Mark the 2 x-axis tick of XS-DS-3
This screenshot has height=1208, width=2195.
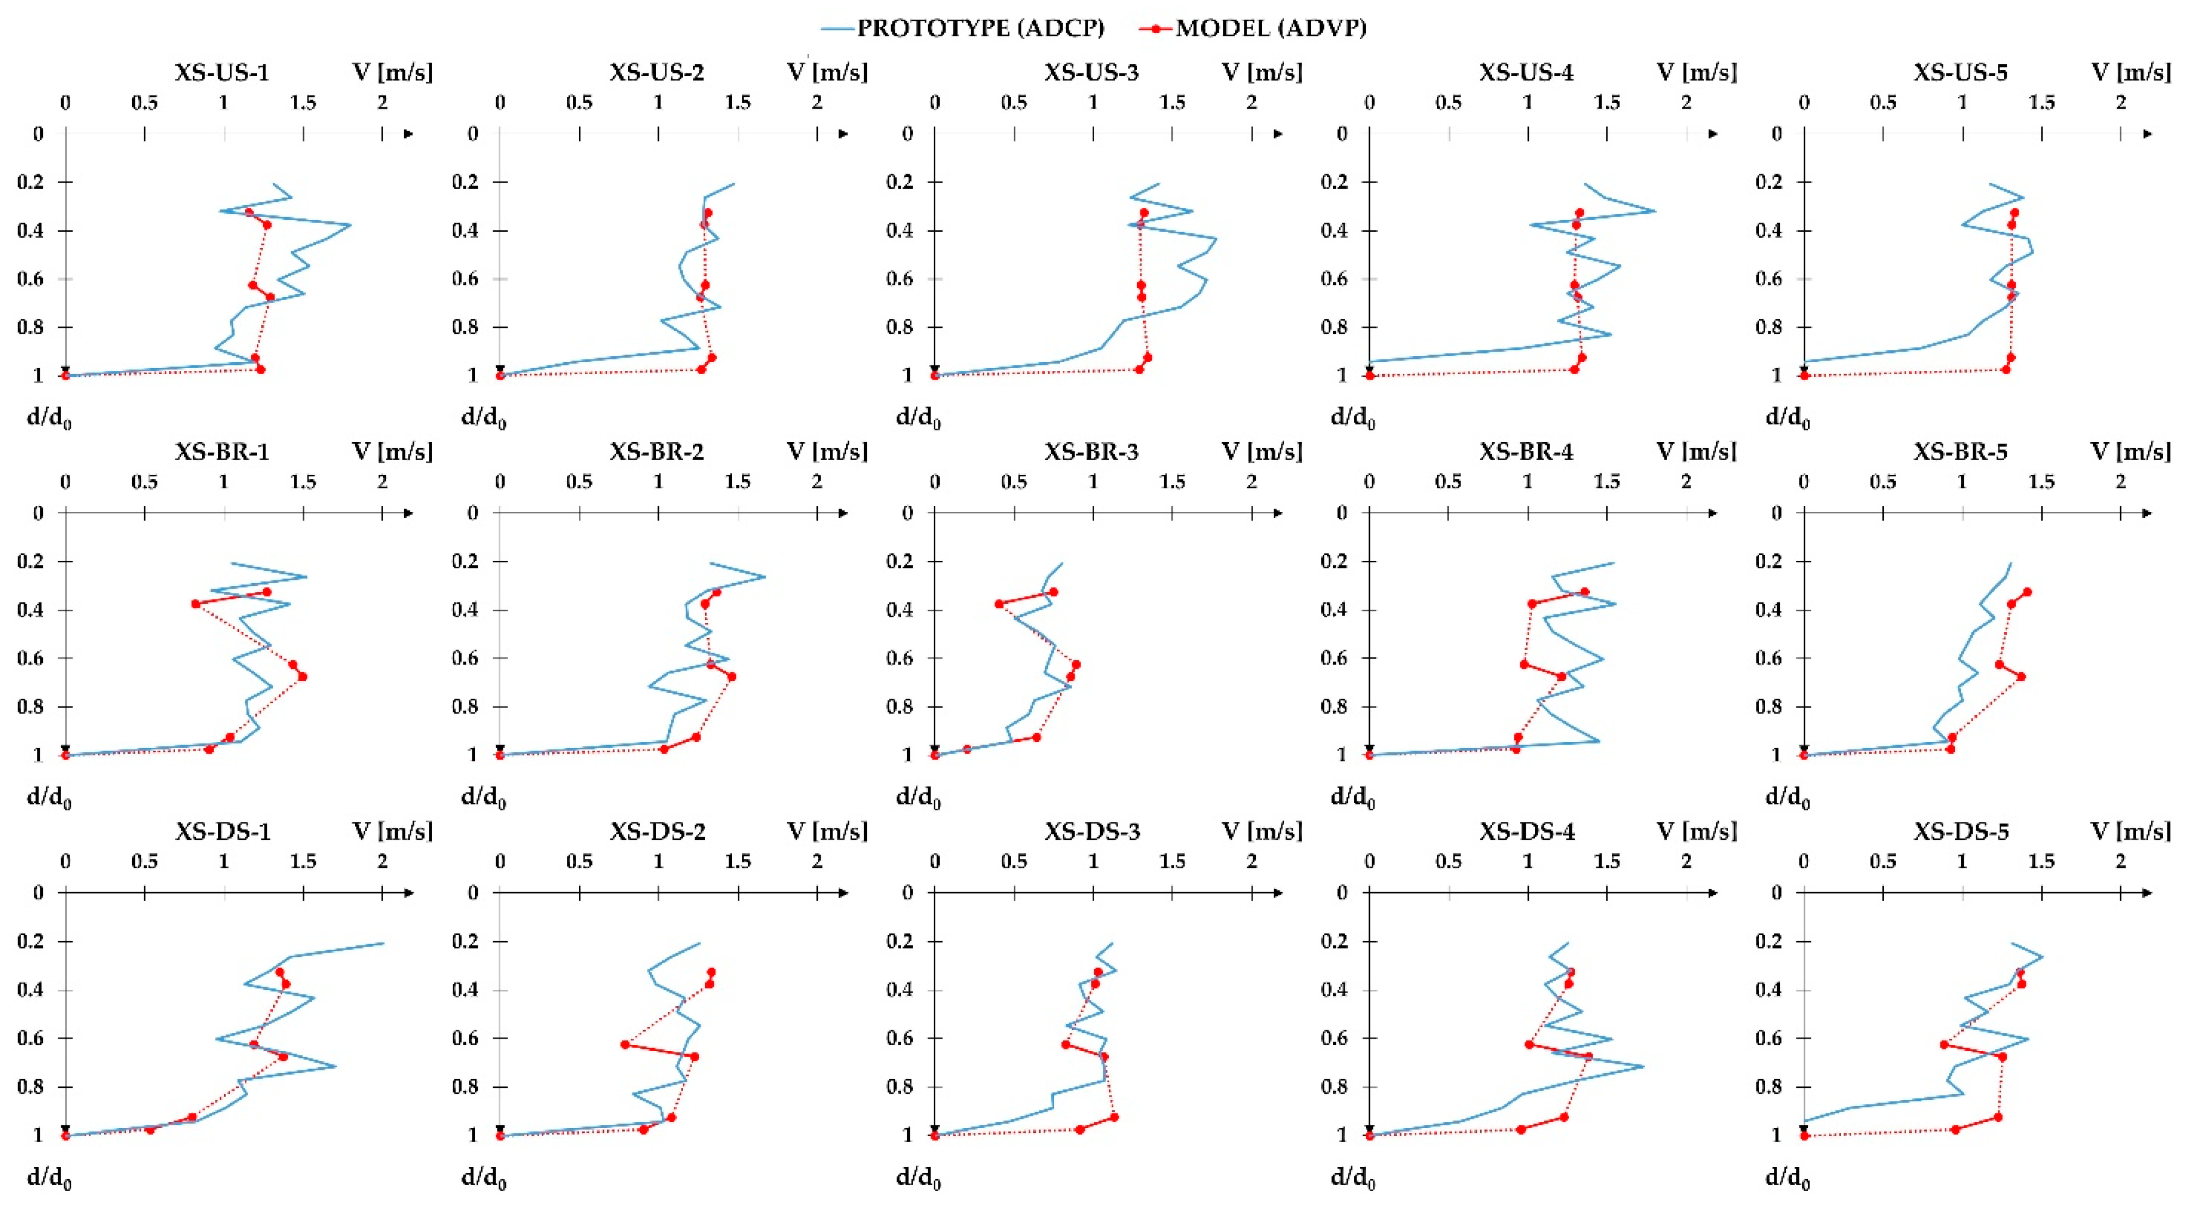1251,862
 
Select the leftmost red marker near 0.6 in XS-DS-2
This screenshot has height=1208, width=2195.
625,1044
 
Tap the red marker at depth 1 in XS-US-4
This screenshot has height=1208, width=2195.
1370,376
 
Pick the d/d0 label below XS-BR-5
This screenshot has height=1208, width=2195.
1787,797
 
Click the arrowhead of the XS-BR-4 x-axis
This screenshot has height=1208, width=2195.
1713,513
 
